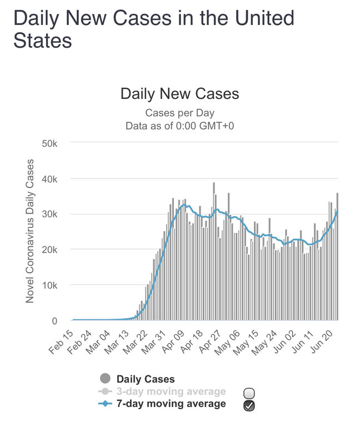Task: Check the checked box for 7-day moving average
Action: click(x=249, y=406)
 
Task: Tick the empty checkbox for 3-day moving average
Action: click(x=249, y=393)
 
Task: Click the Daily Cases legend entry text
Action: click(x=146, y=379)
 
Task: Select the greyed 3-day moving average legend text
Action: click(x=171, y=391)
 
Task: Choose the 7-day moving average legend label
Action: click(x=171, y=404)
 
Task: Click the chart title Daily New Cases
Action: click(x=179, y=93)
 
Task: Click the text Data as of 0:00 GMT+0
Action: click(x=179, y=126)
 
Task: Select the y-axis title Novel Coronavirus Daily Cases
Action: click(x=30, y=231)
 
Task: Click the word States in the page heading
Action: click(x=42, y=40)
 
